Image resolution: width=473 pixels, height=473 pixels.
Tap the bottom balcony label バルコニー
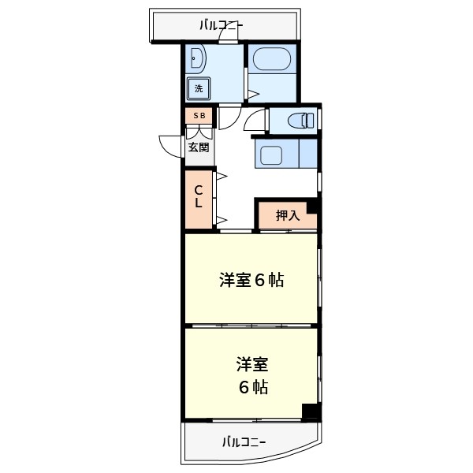tap(243, 441)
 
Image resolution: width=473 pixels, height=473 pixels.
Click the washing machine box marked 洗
tap(198, 88)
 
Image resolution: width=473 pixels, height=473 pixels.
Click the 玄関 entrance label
tap(199, 147)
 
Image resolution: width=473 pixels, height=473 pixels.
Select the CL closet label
tap(199, 196)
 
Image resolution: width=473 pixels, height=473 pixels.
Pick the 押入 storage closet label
tap(287, 215)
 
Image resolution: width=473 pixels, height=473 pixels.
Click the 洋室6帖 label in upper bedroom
tap(251, 280)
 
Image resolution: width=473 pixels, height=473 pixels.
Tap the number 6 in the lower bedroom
tap(244, 387)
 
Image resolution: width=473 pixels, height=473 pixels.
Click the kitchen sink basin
tap(273, 155)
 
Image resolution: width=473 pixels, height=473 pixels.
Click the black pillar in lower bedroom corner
tap(311, 412)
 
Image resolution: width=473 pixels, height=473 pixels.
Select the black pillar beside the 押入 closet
tap(312, 206)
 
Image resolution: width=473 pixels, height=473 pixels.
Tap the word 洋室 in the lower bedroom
tap(252, 365)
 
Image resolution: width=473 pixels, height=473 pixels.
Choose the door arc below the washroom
tap(229, 118)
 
